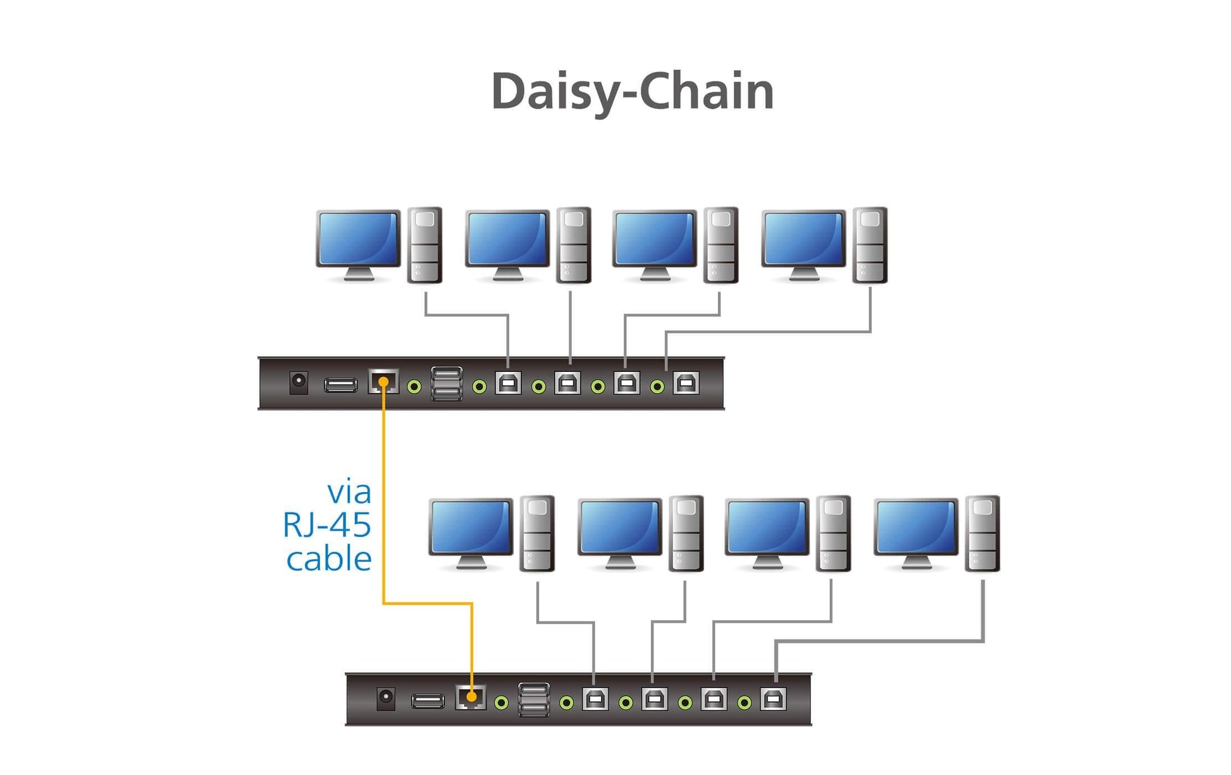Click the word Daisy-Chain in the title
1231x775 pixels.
tap(633, 92)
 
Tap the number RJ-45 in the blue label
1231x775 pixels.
tap(326, 525)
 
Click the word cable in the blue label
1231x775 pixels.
tap(329, 559)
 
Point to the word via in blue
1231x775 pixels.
tap(349, 492)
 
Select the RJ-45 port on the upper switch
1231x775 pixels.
tap(383, 381)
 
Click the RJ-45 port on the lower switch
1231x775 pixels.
tap(471, 697)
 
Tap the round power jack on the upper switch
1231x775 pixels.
tap(299, 382)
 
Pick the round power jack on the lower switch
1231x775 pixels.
tap(386, 698)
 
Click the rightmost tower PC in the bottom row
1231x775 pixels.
tap(982, 533)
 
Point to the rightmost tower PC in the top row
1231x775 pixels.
tap(870, 245)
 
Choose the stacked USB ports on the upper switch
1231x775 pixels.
tap(447, 383)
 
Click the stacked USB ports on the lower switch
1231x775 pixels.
tap(534, 700)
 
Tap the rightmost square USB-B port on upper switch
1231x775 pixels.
tap(686, 383)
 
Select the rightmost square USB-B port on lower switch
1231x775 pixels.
tap(774, 699)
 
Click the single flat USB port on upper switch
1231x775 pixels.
tap(341, 385)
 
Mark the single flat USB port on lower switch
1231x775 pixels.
tap(428, 701)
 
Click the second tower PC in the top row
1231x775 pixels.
tap(574, 245)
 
